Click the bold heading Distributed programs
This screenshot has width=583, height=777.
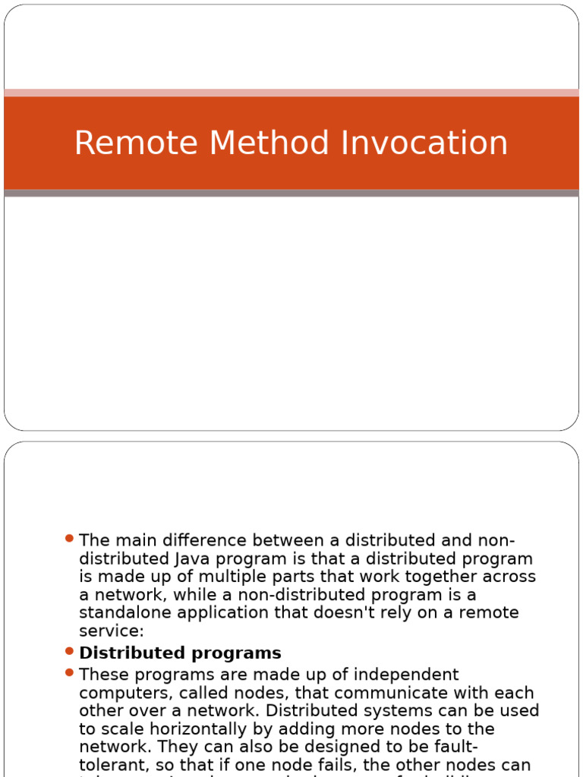(x=180, y=653)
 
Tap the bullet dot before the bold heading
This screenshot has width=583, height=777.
(x=69, y=651)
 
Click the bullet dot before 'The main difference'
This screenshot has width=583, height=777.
(x=69, y=539)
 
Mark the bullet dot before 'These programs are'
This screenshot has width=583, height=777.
(x=69, y=672)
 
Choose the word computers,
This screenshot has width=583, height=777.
(x=119, y=693)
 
